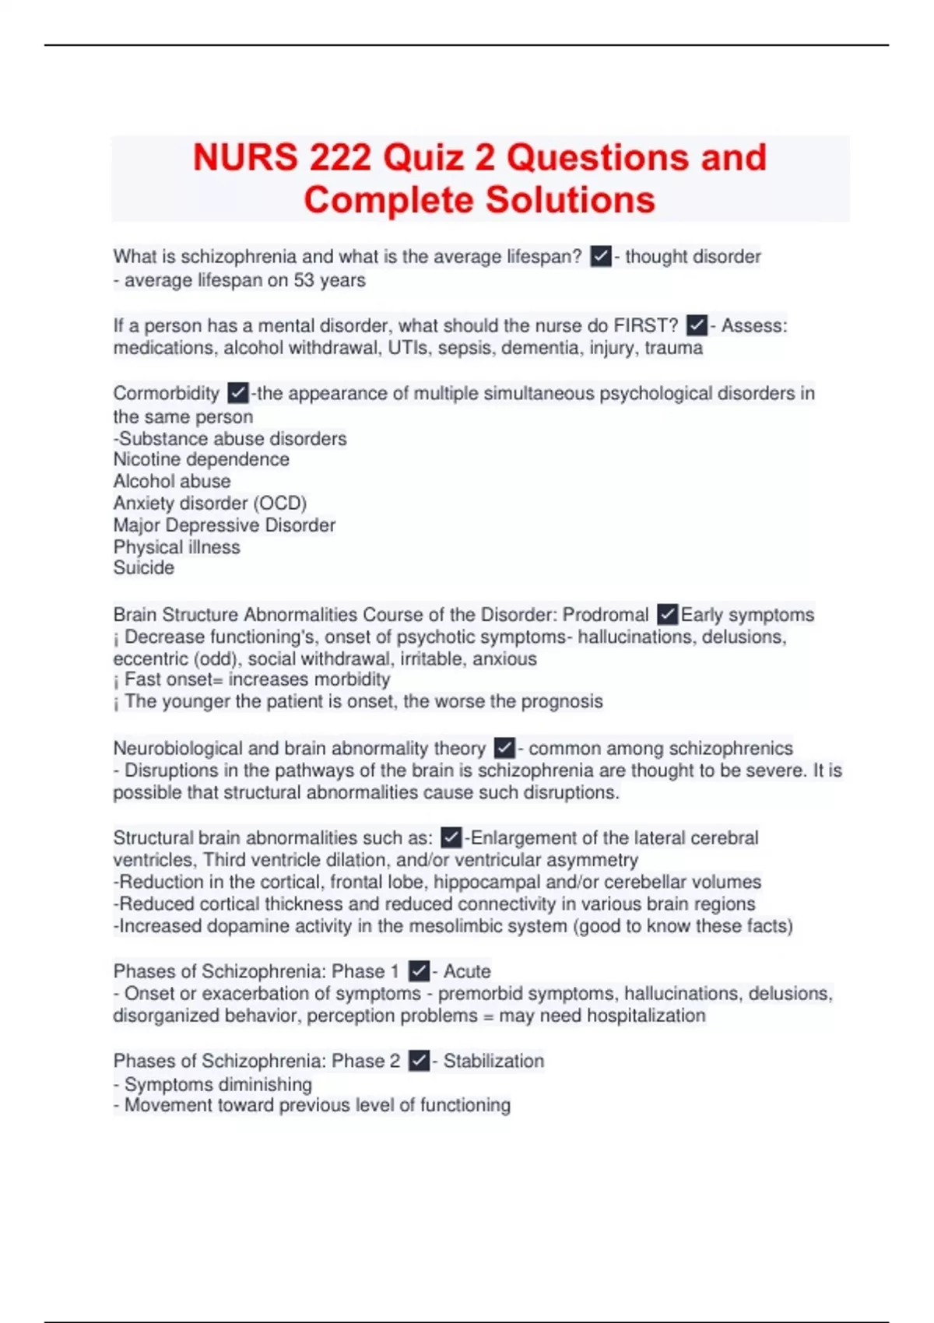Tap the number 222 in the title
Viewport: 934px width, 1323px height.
(339, 158)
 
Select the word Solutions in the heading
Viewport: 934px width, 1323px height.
(571, 200)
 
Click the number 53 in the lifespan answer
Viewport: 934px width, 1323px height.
(304, 280)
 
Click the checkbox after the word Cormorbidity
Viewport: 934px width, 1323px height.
(238, 393)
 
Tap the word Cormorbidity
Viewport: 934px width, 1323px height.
(167, 393)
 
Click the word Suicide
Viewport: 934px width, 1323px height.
(144, 567)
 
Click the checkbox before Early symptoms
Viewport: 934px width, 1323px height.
(667, 614)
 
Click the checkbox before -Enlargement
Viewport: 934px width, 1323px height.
(451, 837)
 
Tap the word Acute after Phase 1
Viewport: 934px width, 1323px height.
(467, 971)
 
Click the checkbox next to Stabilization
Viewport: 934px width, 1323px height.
(419, 1061)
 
